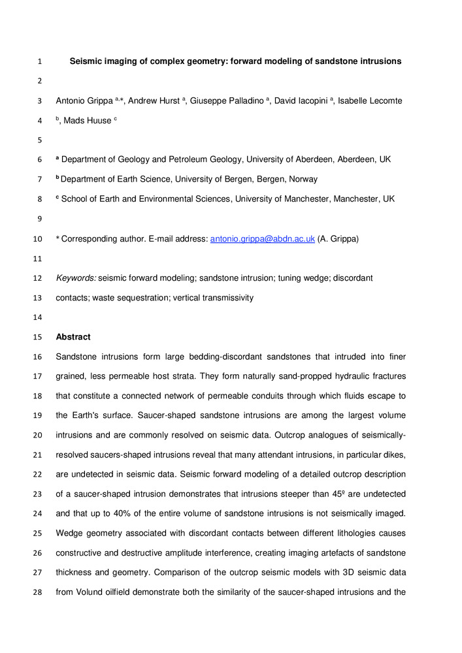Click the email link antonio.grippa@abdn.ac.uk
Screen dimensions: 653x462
click(262, 240)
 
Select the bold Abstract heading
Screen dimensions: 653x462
click(73, 337)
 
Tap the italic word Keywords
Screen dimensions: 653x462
click(76, 278)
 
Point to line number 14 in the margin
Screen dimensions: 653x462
click(38, 317)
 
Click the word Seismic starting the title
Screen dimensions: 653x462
click(89, 62)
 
